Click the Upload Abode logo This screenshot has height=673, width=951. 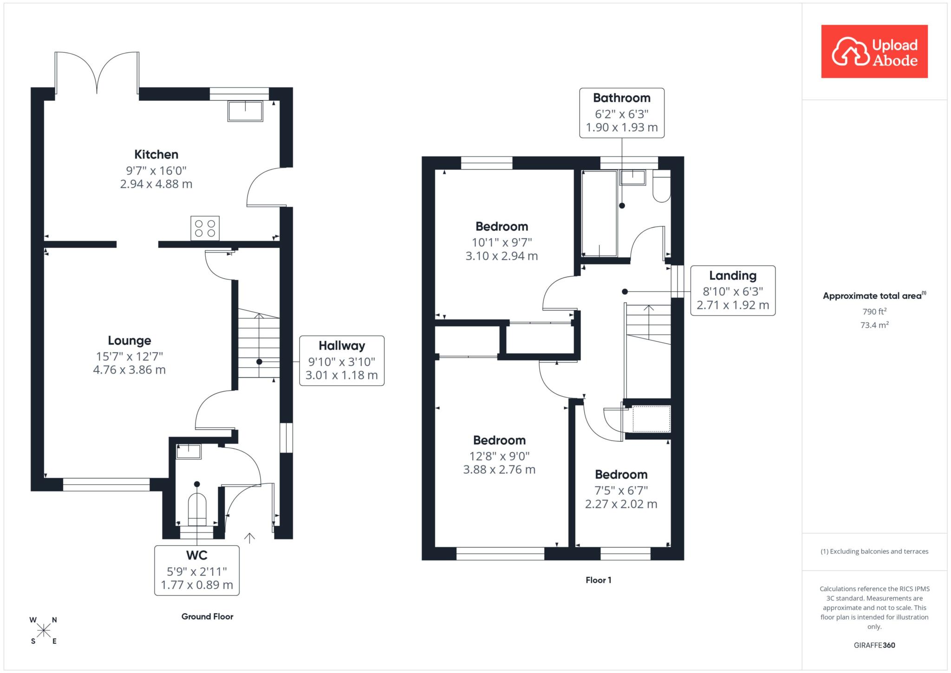click(x=874, y=51)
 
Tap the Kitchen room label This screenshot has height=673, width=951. click(x=156, y=154)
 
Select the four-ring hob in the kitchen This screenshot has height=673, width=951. click(x=205, y=228)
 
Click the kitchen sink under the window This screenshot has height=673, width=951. click(x=245, y=111)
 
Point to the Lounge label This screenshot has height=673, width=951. click(x=130, y=340)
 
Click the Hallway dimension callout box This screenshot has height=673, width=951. click(x=342, y=360)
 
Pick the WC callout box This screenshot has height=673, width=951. click(x=197, y=570)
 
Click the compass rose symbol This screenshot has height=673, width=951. click(x=44, y=630)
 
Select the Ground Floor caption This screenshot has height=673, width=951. click(x=207, y=616)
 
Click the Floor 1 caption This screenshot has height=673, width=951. click(x=598, y=580)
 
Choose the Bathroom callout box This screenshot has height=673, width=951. click(x=622, y=113)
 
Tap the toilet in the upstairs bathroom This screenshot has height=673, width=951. click(x=662, y=186)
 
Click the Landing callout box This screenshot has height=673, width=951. click(x=733, y=291)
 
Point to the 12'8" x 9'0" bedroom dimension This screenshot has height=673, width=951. click(x=499, y=456)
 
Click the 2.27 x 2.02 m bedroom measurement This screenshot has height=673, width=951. click(x=621, y=503)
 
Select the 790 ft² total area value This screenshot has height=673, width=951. click(x=874, y=311)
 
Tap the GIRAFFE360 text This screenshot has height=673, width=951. click(x=874, y=645)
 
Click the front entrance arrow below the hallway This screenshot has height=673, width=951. click(x=250, y=538)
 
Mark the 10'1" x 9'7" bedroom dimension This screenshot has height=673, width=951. click(x=502, y=242)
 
